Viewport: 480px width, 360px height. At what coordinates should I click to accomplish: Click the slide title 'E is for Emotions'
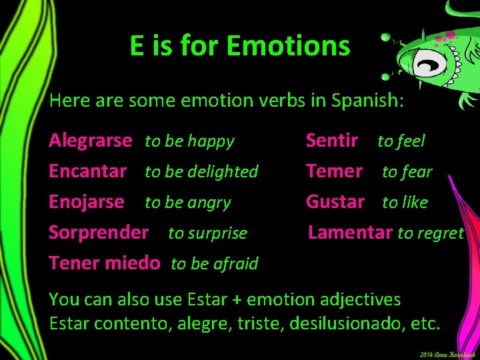point(240,47)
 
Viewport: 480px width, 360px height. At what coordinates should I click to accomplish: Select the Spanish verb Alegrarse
point(91,141)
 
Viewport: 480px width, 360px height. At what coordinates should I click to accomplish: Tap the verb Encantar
point(88,171)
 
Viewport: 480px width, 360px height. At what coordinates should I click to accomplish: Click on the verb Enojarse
point(87,201)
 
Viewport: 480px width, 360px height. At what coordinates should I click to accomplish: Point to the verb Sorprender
point(99,233)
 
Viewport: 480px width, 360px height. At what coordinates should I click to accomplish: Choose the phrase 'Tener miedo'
point(105,263)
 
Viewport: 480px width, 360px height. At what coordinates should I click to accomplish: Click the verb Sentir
point(332,141)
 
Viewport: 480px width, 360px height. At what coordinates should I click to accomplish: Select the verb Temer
point(334,171)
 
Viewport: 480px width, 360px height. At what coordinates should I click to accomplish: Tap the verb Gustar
point(335,201)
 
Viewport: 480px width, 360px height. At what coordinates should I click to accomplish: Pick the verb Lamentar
point(350,233)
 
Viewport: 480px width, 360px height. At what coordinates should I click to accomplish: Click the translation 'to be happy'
point(190,141)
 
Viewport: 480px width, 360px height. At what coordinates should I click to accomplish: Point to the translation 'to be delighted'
point(201,172)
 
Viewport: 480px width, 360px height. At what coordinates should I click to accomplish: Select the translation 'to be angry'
point(188,203)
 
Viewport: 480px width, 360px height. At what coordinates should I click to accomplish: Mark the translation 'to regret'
point(431,233)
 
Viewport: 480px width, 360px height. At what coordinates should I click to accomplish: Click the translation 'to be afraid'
point(214,264)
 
